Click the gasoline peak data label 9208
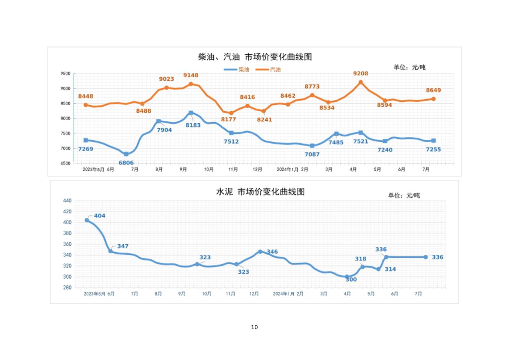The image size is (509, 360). click(x=361, y=73)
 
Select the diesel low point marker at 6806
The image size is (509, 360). click(x=126, y=154)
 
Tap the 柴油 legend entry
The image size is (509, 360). click(x=237, y=69)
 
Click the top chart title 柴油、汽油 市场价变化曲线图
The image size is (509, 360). click(x=255, y=57)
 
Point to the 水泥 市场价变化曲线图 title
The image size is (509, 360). click(x=260, y=192)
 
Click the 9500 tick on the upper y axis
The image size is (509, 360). click(x=66, y=74)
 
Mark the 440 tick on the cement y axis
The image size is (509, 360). click(x=67, y=201)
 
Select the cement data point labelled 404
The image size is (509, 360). click(x=87, y=220)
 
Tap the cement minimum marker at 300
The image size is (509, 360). click(x=347, y=277)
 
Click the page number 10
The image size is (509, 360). click(x=254, y=327)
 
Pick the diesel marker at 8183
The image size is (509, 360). click(x=191, y=113)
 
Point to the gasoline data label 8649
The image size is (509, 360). click(x=433, y=90)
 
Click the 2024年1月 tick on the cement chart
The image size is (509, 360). click(x=284, y=294)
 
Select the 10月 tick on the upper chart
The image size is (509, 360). click(x=209, y=170)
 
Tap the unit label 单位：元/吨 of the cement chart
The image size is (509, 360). click(x=404, y=195)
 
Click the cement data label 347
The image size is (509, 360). click(x=123, y=246)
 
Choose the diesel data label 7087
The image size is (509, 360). click(x=312, y=155)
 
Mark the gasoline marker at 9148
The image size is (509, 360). click(x=191, y=84)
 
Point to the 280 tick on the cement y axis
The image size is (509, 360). click(x=67, y=288)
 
